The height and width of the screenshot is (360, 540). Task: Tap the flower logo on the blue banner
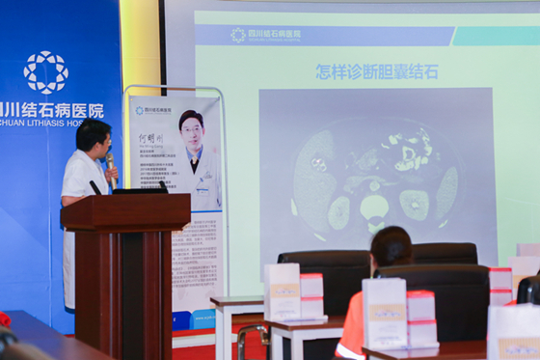(x=45, y=71)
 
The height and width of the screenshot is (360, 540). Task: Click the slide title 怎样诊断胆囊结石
(x=376, y=71)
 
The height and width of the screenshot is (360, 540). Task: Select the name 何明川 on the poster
(x=151, y=139)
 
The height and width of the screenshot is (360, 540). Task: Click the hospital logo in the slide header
(x=238, y=35)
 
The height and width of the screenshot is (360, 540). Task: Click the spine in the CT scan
(x=372, y=207)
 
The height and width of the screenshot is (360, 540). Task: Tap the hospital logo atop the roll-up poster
(x=141, y=110)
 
